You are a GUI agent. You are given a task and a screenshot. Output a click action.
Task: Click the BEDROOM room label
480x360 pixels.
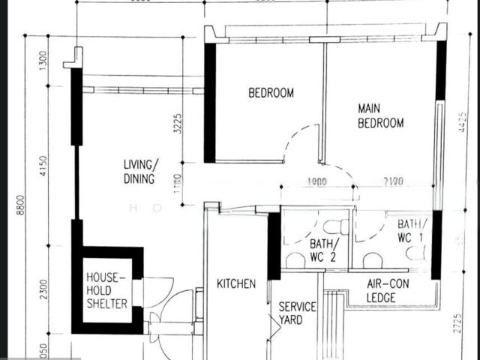(x=271, y=93)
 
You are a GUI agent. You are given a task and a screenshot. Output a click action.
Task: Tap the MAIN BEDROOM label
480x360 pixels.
(x=380, y=115)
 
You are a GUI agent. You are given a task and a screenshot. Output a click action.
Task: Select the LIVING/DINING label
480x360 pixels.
(x=141, y=172)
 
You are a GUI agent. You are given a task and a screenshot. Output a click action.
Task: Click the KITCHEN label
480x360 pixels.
(x=236, y=283)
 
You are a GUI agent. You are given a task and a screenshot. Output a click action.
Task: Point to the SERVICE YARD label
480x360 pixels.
(x=298, y=313)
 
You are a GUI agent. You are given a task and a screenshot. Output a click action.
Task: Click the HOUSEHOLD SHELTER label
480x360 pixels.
(x=106, y=289)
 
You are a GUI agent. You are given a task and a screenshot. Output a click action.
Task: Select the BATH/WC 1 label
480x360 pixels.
(x=412, y=230)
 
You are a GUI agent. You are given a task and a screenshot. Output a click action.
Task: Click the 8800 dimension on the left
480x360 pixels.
(x=20, y=205)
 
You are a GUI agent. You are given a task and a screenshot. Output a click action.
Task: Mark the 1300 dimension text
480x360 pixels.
(x=43, y=58)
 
